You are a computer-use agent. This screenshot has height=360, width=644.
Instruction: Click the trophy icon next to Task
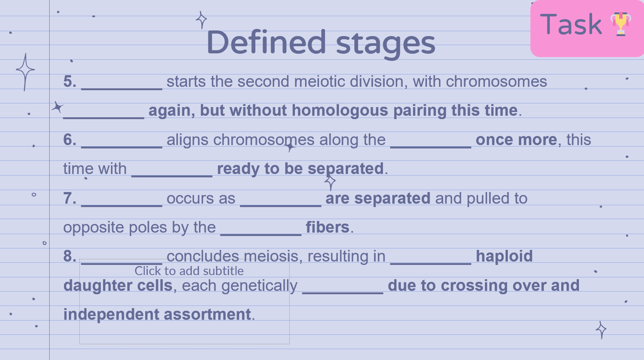(621, 24)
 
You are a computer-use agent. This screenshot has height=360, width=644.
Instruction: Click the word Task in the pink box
(571, 24)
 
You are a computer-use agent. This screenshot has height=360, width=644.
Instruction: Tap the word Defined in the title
(266, 42)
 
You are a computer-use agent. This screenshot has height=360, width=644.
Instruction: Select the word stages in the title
(386, 45)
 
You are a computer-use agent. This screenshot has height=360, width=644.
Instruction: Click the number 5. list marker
(70, 81)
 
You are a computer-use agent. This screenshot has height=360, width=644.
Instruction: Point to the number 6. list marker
(70, 139)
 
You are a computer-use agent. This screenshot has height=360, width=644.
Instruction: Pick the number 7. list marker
(70, 198)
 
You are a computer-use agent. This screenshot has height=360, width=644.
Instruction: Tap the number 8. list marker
(70, 256)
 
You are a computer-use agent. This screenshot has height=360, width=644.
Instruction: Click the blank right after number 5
(122, 89)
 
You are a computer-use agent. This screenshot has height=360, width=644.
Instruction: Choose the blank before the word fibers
(261, 235)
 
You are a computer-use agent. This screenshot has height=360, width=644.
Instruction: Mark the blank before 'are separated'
(281, 206)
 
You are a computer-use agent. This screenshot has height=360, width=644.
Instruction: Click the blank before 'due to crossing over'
(343, 293)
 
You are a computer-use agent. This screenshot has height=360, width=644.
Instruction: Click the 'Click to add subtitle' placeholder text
(189, 271)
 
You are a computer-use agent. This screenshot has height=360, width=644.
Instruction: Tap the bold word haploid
(504, 257)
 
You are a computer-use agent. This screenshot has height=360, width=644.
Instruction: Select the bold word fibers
(328, 227)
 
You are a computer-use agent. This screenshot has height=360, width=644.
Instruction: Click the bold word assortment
(207, 314)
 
